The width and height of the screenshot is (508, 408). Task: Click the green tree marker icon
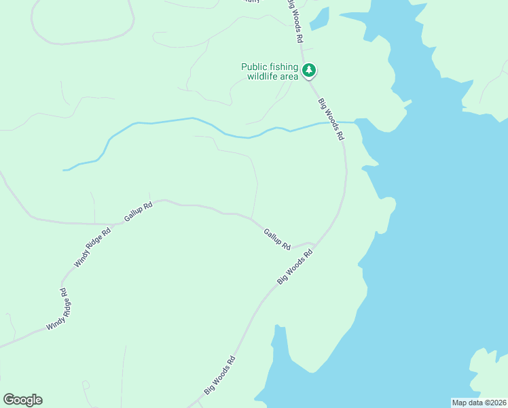tap(309, 70)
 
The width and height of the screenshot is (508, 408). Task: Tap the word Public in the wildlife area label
tap(255, 67)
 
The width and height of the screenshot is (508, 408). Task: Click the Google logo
tap(22, 400)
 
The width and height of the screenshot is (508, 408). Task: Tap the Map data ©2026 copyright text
tap(479, 402)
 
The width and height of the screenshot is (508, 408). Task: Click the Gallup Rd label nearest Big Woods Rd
tap(277, 239)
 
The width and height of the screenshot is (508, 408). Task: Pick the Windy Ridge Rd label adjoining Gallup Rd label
tap(92, 246)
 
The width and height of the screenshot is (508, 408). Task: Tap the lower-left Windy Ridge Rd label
tap(58, 309)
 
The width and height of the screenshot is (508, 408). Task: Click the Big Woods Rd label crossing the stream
tap(331, 118)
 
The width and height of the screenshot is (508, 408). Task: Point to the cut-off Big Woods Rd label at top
tap(293, 20)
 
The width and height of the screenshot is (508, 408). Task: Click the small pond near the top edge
tap(319, 19)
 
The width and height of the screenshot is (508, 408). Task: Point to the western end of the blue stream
tap(65, 169)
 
